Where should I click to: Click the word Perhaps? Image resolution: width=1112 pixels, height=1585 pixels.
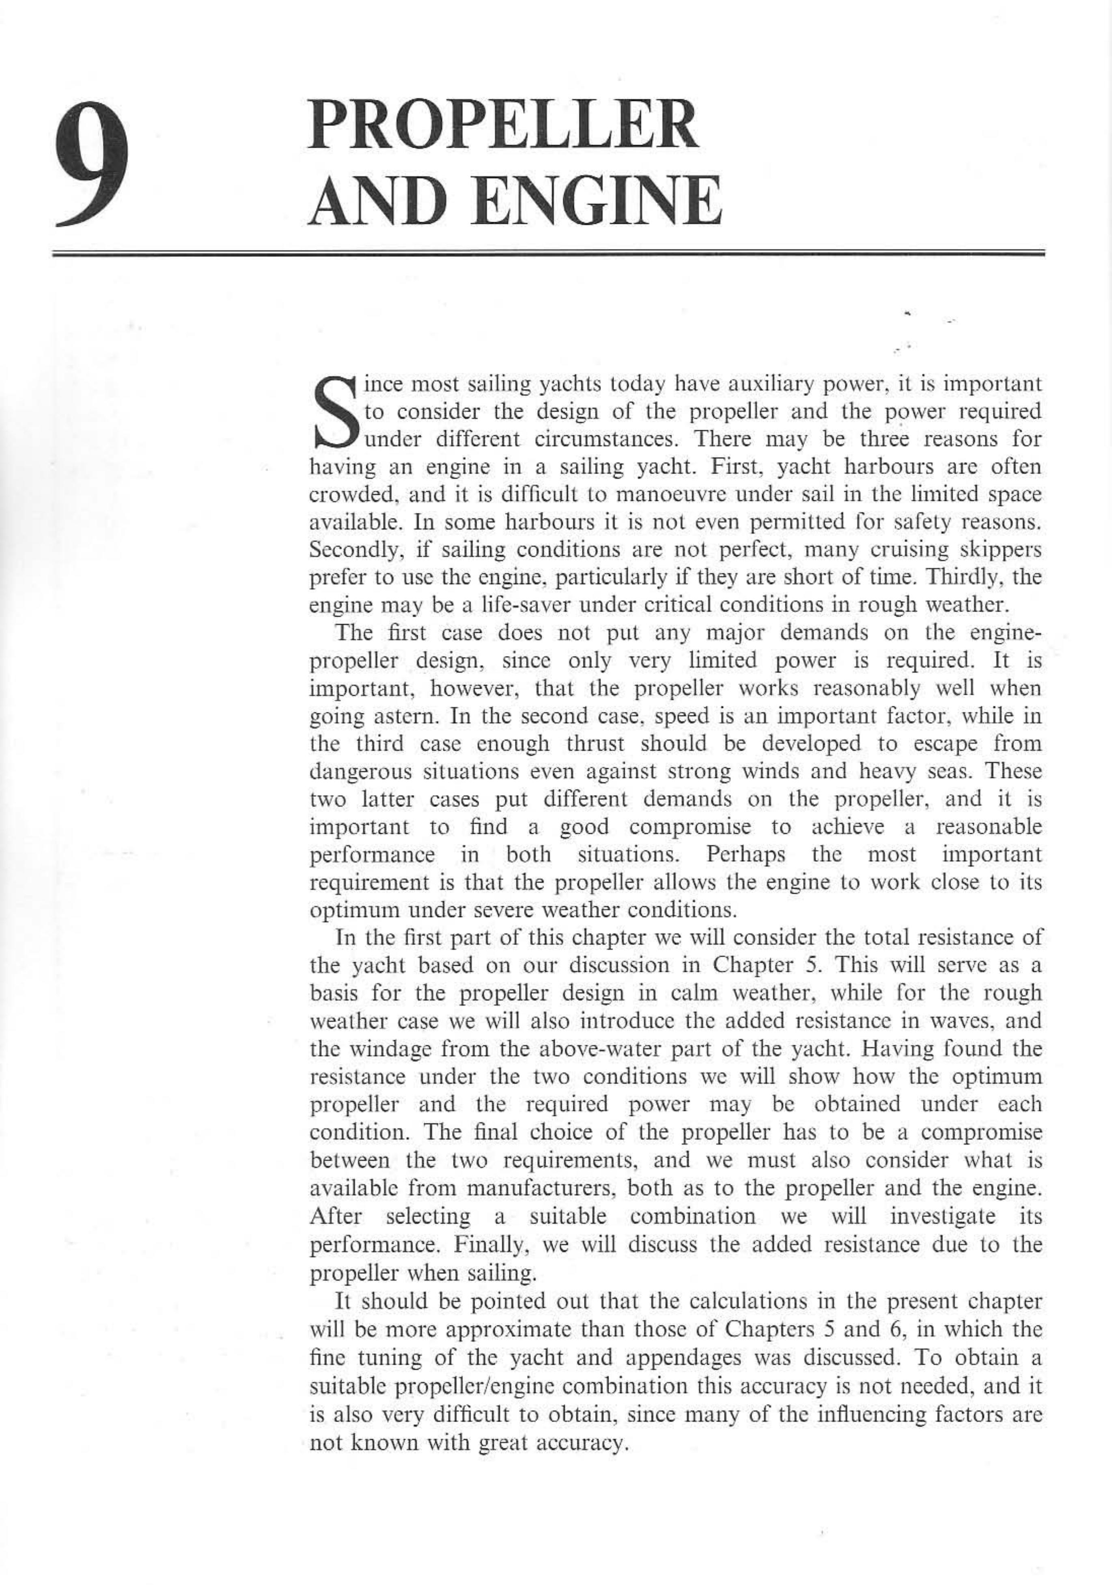pos(746,855)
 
